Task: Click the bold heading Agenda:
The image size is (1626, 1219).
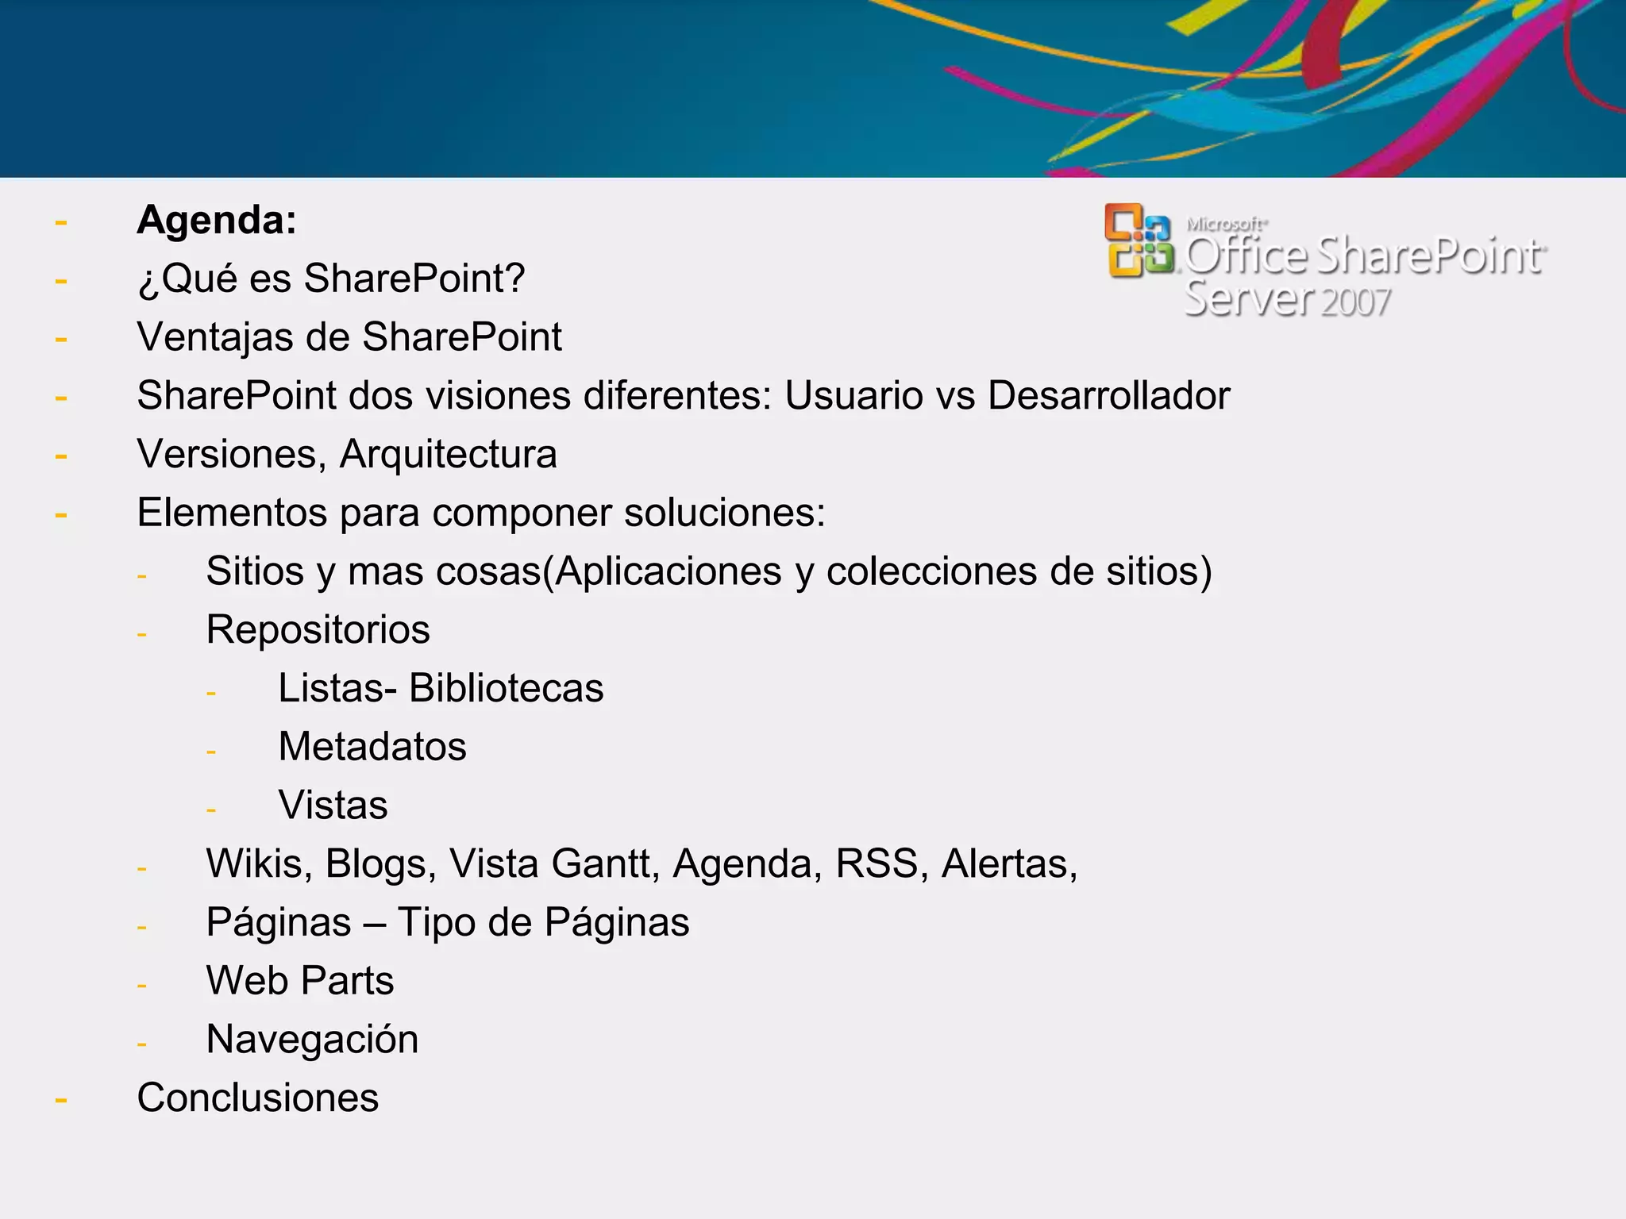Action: pyautogui.click(x=217, y=220)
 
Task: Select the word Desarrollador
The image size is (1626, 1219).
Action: pyautogui.click(x=1108, y=395)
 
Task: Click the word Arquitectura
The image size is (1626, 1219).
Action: pyautogui.click(x=448, y=454)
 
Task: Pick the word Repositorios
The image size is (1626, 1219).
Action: pyautogui.click(x=318, y=630)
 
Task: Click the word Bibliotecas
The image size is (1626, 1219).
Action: pyautogui.click(x=506, y=688)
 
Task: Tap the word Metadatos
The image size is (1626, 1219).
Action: pyautogui.click(x=372, y=747)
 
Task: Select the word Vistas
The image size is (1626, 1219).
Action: pyautogui.click(x=333, y=806)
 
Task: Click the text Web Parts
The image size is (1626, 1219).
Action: pyautogui.click(x=300, y=981)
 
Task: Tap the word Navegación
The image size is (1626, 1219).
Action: pyautogui.click(x=312, y=1040)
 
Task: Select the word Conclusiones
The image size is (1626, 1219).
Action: pyautogui.click(x=258, y=1098)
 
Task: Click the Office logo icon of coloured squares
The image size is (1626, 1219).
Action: pyautogui.click(x=1139, y=240)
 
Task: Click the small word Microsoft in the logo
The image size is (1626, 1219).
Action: pyautogui.click(x=1226, y=225)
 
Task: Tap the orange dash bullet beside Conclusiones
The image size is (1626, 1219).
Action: pyautogui.click(x=61, y=1100)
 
